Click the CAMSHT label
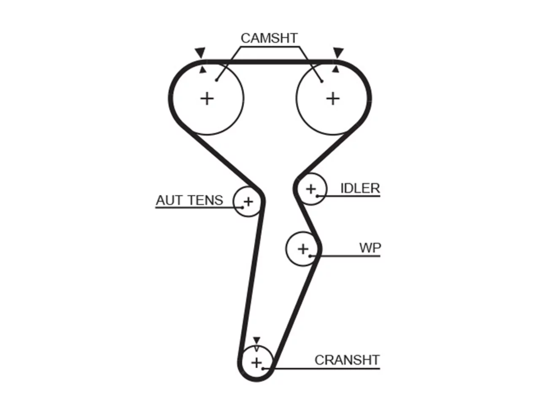[x=269, y=38]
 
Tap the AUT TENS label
[x=189, y=200]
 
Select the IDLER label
[x=360, y=188]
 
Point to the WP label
[x=370, y=248]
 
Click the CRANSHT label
[x=347, y=360]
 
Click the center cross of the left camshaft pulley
[x=207, y=99]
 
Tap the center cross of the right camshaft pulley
[x=333, y=99]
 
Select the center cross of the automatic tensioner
[x=248, y=202]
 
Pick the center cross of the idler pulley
[x=311, y=189]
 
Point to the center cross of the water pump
[x=303, y=249]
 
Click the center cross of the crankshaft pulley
[x=256, y=363]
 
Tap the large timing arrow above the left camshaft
[x=200, y=53]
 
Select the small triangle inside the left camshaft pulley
[x=203, y=70]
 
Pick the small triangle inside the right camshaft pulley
[x=335, y=70]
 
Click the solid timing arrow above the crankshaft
[x=256, y=340]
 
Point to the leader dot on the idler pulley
[x=317, y=196]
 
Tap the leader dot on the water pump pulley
[x=310, y=256]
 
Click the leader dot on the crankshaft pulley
[x=263, y=369]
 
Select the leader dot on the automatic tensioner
[x=243, y=208]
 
